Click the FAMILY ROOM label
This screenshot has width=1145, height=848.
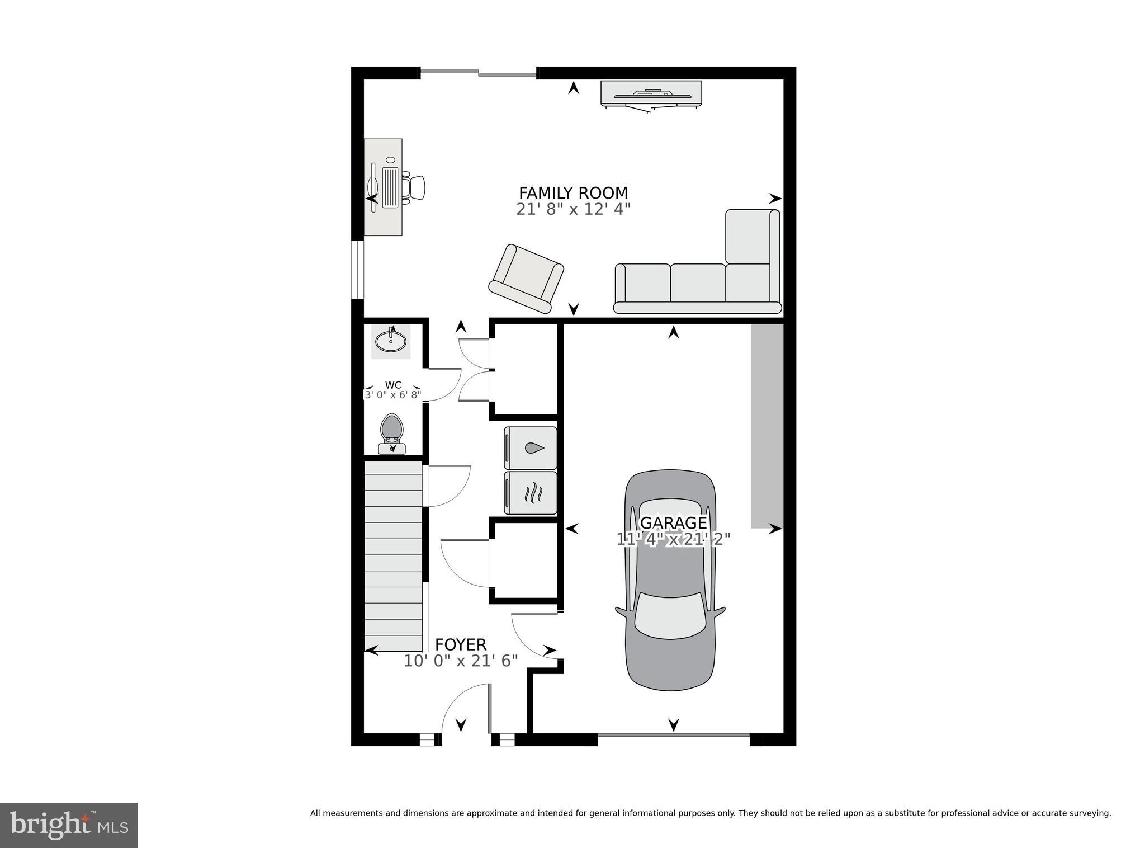[573, 193]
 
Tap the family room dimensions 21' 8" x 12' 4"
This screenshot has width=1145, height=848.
[573, 210]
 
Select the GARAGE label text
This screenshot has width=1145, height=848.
[673, 522]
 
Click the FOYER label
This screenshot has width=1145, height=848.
[461, 644]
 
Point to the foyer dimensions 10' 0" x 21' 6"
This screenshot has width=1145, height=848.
[461, 661]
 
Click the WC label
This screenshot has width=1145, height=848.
[393, 385]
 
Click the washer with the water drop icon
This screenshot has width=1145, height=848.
[531, 448]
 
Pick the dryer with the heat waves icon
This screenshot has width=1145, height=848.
[531, 493]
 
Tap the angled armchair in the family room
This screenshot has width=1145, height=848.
[527, 279]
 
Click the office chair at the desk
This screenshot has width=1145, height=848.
[415, 187]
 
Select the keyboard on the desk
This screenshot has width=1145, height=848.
[391, 187]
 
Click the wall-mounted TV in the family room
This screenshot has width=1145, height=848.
[651, 93]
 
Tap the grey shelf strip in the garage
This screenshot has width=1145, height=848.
[767, 425]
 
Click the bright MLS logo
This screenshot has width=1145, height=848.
[68, 825]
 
